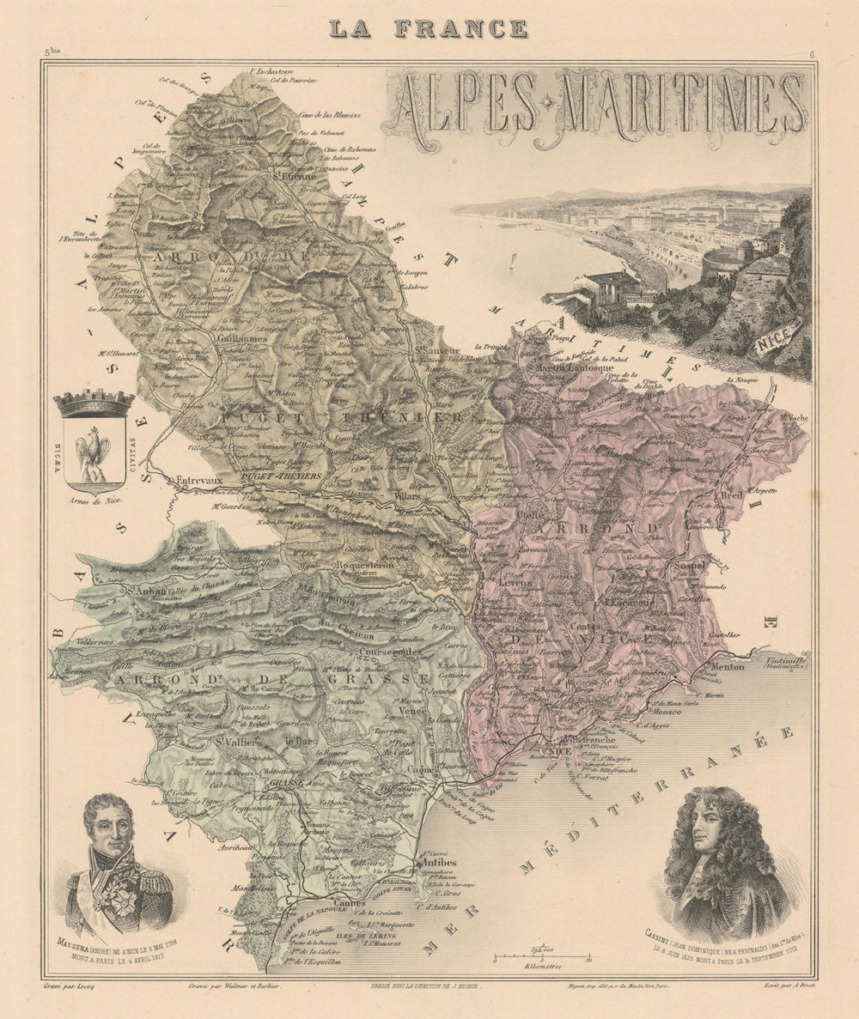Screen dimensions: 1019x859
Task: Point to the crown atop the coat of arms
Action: coord(94,402)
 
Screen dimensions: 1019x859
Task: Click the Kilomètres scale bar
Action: coord(541,957)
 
